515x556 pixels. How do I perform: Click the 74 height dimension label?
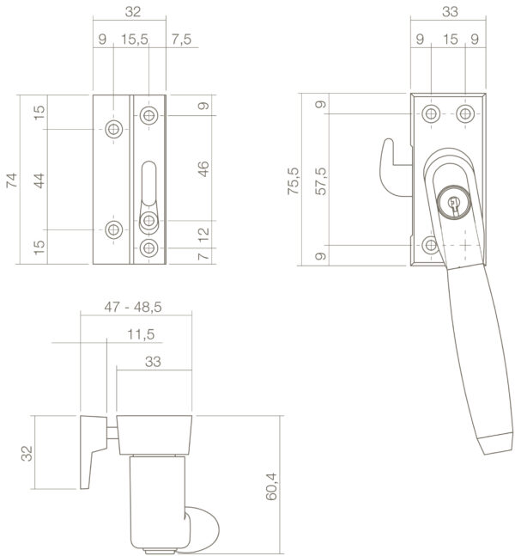pyautogui.click(x=12, y=180)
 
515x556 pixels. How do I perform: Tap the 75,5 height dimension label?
pyautogui.click(x=293, y=180)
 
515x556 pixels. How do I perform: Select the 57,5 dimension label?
pyautogui.click(x=321, y=181)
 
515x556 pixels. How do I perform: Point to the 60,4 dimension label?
pyautogui.click(x=271, y=486)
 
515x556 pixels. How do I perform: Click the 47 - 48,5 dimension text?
pyautogui.click(x=133, y=307)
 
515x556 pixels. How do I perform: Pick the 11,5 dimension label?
pyautogui.click(x=141, y=334)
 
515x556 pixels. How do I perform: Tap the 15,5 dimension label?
pyautogui.click(x=135, y=40)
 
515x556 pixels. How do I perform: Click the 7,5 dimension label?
pyautogui.click(x=181, y=40)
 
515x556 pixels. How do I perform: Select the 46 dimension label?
pyautogui.click(x=203, y=168)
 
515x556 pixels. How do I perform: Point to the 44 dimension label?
pyautogui.click(x=39, y=180)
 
